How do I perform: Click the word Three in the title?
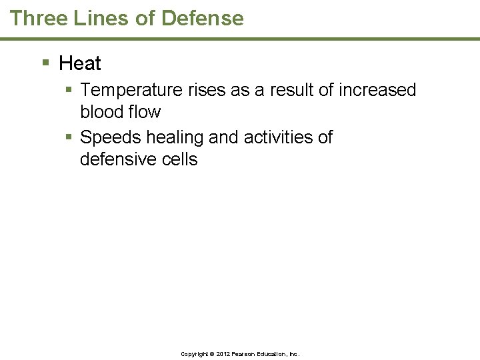click(37, 18)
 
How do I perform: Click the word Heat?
click(80, 63)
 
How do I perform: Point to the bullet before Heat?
click(46, 63)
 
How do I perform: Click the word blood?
click(103, 112)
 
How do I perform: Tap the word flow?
click(145, 112)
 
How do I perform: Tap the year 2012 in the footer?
click(223, 354)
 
